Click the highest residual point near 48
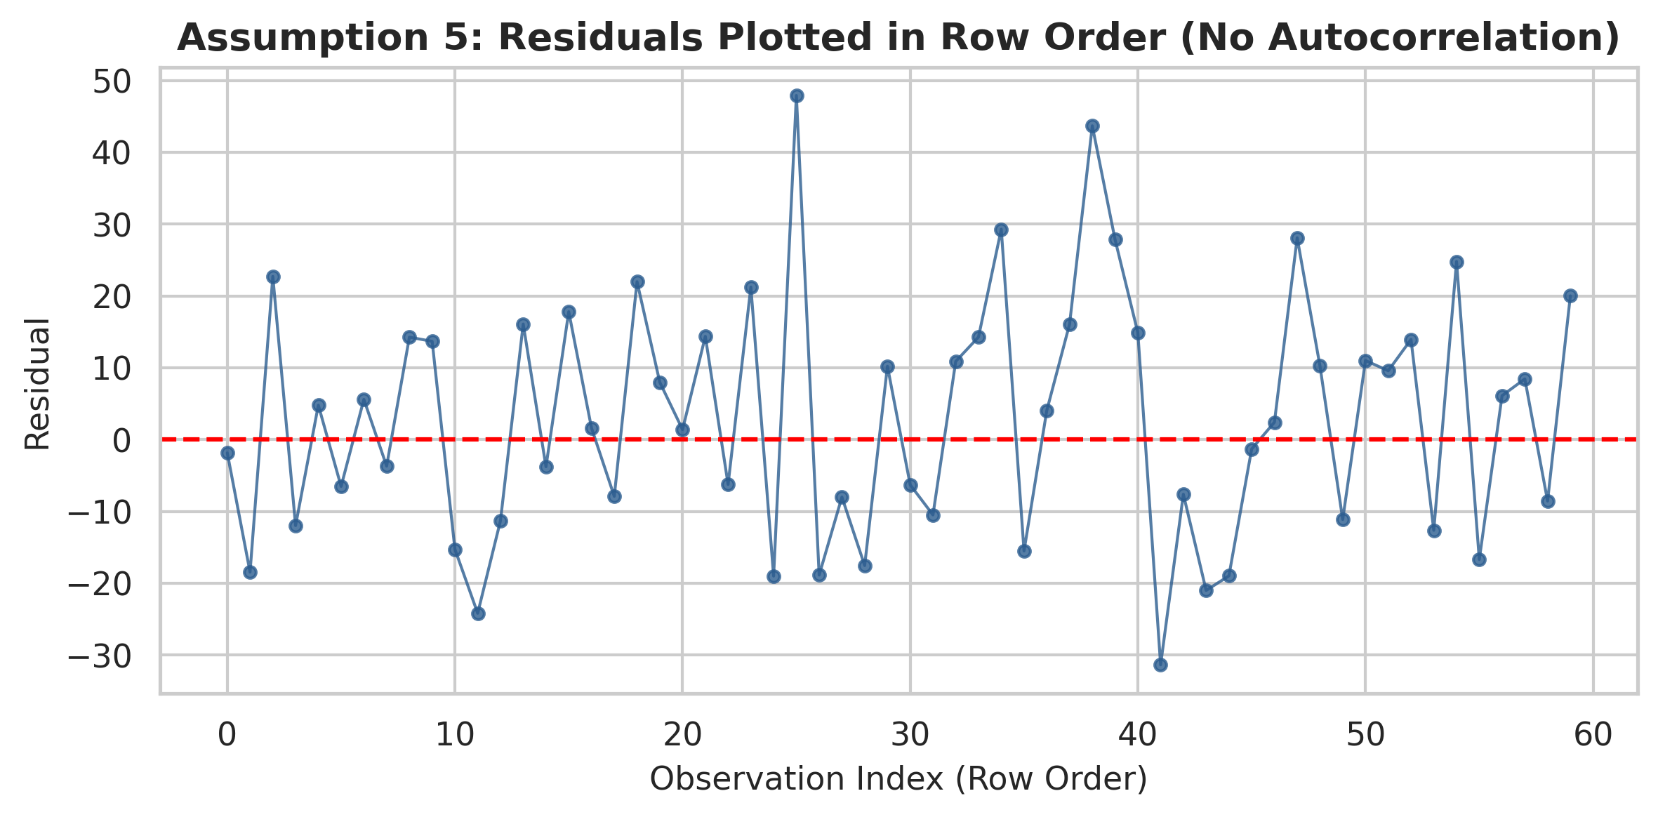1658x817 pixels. [x=797, y=95]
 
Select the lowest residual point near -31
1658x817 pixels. [x=1160, y=665]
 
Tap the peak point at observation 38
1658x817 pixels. [x=1092, y=126]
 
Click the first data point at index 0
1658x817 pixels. [x=227, y=453]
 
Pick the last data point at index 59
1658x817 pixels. [x=1570, y=295]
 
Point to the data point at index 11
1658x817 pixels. [x=478, y=613]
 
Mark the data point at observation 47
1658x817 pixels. [x=1297, y=238]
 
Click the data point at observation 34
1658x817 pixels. [x=1001, y=230]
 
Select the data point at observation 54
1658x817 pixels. [x=1457, y=262]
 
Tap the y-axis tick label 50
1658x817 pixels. [x=112, y=81]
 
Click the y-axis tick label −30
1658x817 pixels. [x=100, y=656]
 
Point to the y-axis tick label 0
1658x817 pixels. [x=122, y=440]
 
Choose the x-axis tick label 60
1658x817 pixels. [x=1593, y=734]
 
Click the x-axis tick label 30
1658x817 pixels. [x=910, y=734]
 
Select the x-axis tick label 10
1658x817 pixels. [x=455, y=734]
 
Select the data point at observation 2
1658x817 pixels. [x=273, y=277]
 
